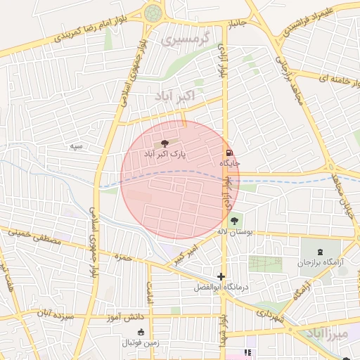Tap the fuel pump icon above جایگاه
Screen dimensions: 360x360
click(229, 153)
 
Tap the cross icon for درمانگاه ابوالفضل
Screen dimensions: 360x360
click(221, 277)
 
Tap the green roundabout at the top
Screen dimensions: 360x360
click(153, 12)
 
